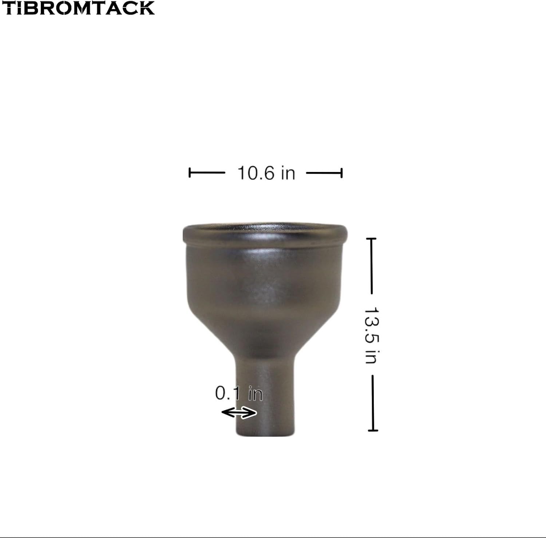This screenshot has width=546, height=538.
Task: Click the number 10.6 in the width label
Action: [256, 173]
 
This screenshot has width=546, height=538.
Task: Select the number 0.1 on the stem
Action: [228, 393]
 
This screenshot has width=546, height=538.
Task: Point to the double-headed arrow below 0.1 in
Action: [239, 413]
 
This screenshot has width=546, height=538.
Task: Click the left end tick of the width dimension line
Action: [190, 173]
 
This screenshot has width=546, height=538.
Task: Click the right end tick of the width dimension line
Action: [341, 173]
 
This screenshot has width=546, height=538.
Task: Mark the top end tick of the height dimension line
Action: [371, 239]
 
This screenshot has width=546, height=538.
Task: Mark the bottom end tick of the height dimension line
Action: [373, 430]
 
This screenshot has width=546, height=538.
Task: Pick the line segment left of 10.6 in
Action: [207, 173]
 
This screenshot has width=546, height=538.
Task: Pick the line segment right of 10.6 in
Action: [324, 173]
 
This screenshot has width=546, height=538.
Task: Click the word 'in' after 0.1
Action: [255, 394]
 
